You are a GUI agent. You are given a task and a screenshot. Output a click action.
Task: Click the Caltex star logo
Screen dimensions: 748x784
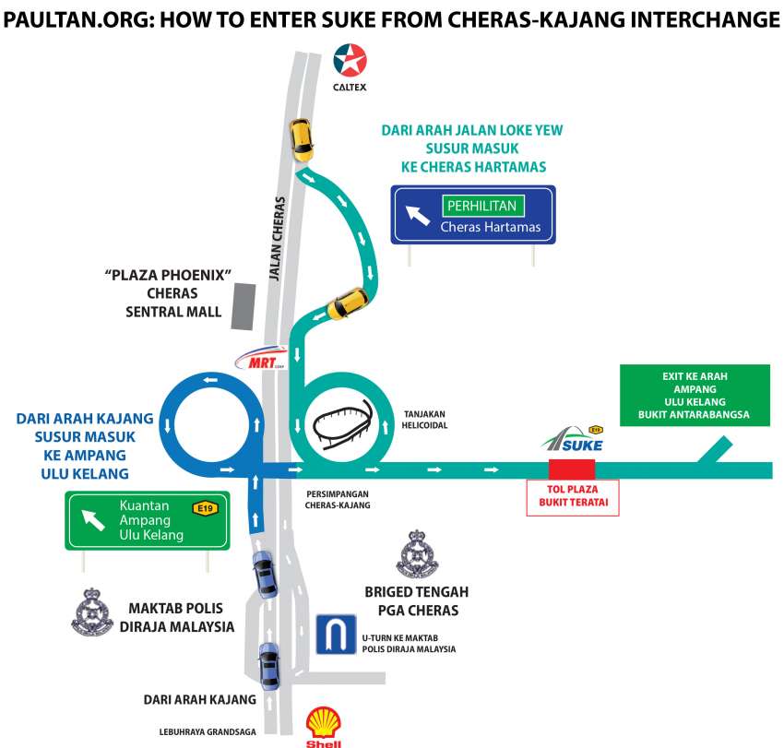click(x=350, y=62)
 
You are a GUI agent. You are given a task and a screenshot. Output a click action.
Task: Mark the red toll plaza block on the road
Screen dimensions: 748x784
click(x=572, y=469)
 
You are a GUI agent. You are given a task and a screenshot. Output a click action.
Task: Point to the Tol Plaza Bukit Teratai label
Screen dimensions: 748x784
click(x=572, y=498)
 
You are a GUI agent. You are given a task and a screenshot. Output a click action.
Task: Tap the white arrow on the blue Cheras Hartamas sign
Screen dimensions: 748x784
click(x=418, y=216)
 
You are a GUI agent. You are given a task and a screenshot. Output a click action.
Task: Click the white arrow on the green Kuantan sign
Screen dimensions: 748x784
click(x=94, y=520)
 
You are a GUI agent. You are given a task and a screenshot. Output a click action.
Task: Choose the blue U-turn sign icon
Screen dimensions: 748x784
click(x=336, y=635)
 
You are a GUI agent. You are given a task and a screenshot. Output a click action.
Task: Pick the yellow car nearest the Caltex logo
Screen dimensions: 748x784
click(x=300, y=138)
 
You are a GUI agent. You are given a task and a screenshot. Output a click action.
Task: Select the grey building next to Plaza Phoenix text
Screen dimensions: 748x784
click(x=244, y=306)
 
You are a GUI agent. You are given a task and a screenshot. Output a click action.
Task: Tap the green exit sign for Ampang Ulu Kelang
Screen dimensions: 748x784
click(x=694, y=395)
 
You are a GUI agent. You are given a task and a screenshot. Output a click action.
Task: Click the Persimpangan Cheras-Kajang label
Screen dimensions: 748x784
click(x=338, y=499)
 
